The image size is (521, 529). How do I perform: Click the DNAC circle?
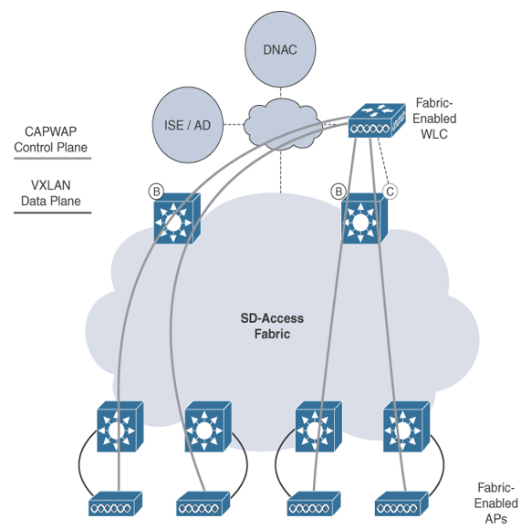point(280,49)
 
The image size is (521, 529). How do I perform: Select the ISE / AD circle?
point(188,125)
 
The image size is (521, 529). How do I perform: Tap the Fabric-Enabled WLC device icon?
point(377,120)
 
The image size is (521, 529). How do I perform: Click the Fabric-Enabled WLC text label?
point(434,119)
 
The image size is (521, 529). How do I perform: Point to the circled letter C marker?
point(390,192)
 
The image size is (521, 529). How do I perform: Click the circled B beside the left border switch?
point(156,192)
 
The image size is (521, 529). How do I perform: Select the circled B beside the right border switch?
point(339,192)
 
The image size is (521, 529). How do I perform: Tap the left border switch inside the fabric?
point(177,218)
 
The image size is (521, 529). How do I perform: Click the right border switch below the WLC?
point(364,218)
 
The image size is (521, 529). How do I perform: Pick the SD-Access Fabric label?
point(272,326)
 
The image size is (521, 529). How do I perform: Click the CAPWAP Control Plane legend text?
point(50,140)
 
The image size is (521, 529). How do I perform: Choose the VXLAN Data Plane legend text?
point(50,193)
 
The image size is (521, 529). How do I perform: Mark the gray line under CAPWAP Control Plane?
point(52,158)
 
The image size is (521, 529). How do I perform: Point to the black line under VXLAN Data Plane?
point(52,213)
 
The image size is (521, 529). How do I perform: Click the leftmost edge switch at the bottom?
point(120,427)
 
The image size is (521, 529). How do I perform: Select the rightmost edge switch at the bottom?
point(407,427)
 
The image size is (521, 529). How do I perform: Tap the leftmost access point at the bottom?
point(115,503)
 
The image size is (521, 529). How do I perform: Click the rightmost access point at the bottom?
point(401,503)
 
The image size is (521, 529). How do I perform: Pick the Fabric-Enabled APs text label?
point(495,503)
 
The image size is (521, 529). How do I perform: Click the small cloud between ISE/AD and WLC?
point(283,124)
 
